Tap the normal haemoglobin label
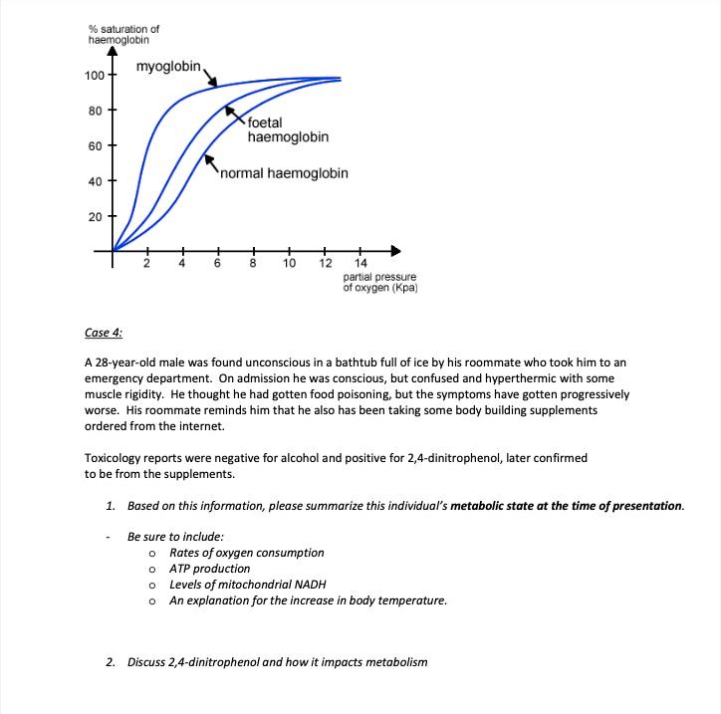pos(284,173)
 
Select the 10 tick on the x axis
pos(289,264)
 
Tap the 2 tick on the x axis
pos(146,264)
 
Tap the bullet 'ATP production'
pos(210,569)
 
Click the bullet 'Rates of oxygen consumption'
pos(246,553)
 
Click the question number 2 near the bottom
pos(111,661)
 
